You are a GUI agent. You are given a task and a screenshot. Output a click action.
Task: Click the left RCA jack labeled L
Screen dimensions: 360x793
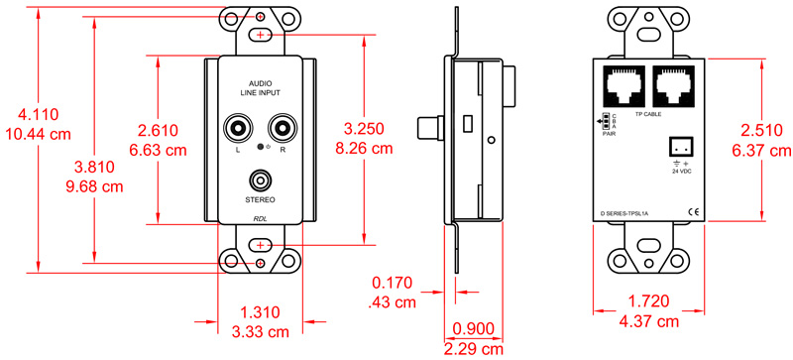239,128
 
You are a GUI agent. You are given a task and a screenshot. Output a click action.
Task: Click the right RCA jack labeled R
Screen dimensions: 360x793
283,128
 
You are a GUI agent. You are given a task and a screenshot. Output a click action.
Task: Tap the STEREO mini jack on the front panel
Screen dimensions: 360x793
261,181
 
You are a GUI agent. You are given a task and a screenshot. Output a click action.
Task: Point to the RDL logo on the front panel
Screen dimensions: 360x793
260,219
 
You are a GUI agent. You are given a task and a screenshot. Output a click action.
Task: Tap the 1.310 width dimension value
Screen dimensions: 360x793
260,311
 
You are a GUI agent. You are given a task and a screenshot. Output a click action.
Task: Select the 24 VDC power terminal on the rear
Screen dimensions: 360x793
680,145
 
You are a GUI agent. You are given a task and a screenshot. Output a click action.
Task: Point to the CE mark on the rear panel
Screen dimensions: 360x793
693,211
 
